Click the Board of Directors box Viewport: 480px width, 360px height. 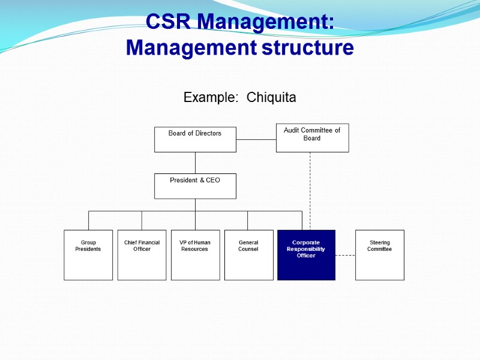pyautogui.click(x=195, y=139)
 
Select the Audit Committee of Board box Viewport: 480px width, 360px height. pyautogui.click(x=312, y=137)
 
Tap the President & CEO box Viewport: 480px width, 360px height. pyautogui.click(x=195, y=186)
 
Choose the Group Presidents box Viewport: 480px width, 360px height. pyautogui.click(x=88, y=255)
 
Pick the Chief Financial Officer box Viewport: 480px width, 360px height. pyautogui.click(x=142, y=255)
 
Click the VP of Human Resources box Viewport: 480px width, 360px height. pyautogui.click(x=195, y=255)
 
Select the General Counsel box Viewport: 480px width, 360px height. pyautogui.click(x=248, y=255)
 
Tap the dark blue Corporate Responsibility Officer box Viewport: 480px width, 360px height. pyautogui.click(x=306, y=255)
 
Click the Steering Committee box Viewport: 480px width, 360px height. pyautogui.click(x=379, y=255)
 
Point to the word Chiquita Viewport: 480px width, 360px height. pyautogui.click(x=272, y=97)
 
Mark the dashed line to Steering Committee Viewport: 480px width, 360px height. pyautogui.click(x=345, y=255)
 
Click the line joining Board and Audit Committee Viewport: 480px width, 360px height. pyautogui.click(x=256, y=139)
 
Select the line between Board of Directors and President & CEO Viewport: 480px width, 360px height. pyautogui.click(x=195, y=163)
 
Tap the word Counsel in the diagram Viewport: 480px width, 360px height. pyautogui.click(x=248, y=249)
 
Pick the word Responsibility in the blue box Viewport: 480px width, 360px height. pyautogui.click(x=306, y=249)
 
